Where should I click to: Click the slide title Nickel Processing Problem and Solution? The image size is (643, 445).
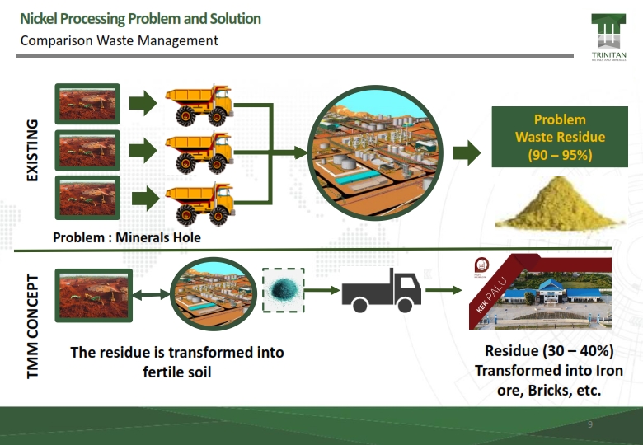pyautogui.click(x=140, y=19)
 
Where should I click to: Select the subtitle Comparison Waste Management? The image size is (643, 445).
pyautogui.click(x=119, y=40)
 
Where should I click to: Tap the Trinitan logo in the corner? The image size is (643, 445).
pyautogui.click(x=608, y=38)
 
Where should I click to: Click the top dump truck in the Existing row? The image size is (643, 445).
pyautogui.click(x=198, y=103)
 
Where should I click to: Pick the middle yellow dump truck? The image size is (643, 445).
pyautogui.click(x=198, y=150)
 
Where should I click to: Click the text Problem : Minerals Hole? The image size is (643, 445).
pyautogui.click(x=127, y=237)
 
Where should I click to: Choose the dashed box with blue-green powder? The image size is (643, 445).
pyautogui.click(x=284, y=290)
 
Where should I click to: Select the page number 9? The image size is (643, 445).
pyautogui.click(x=590, y=424)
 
